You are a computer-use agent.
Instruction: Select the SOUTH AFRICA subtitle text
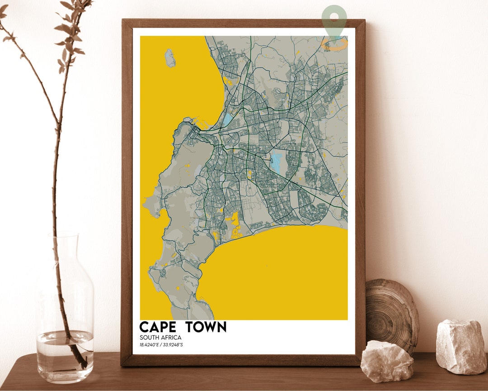(160, 338)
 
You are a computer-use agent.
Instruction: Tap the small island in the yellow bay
(170, 58)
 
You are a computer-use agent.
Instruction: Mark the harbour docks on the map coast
(197, 124)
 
